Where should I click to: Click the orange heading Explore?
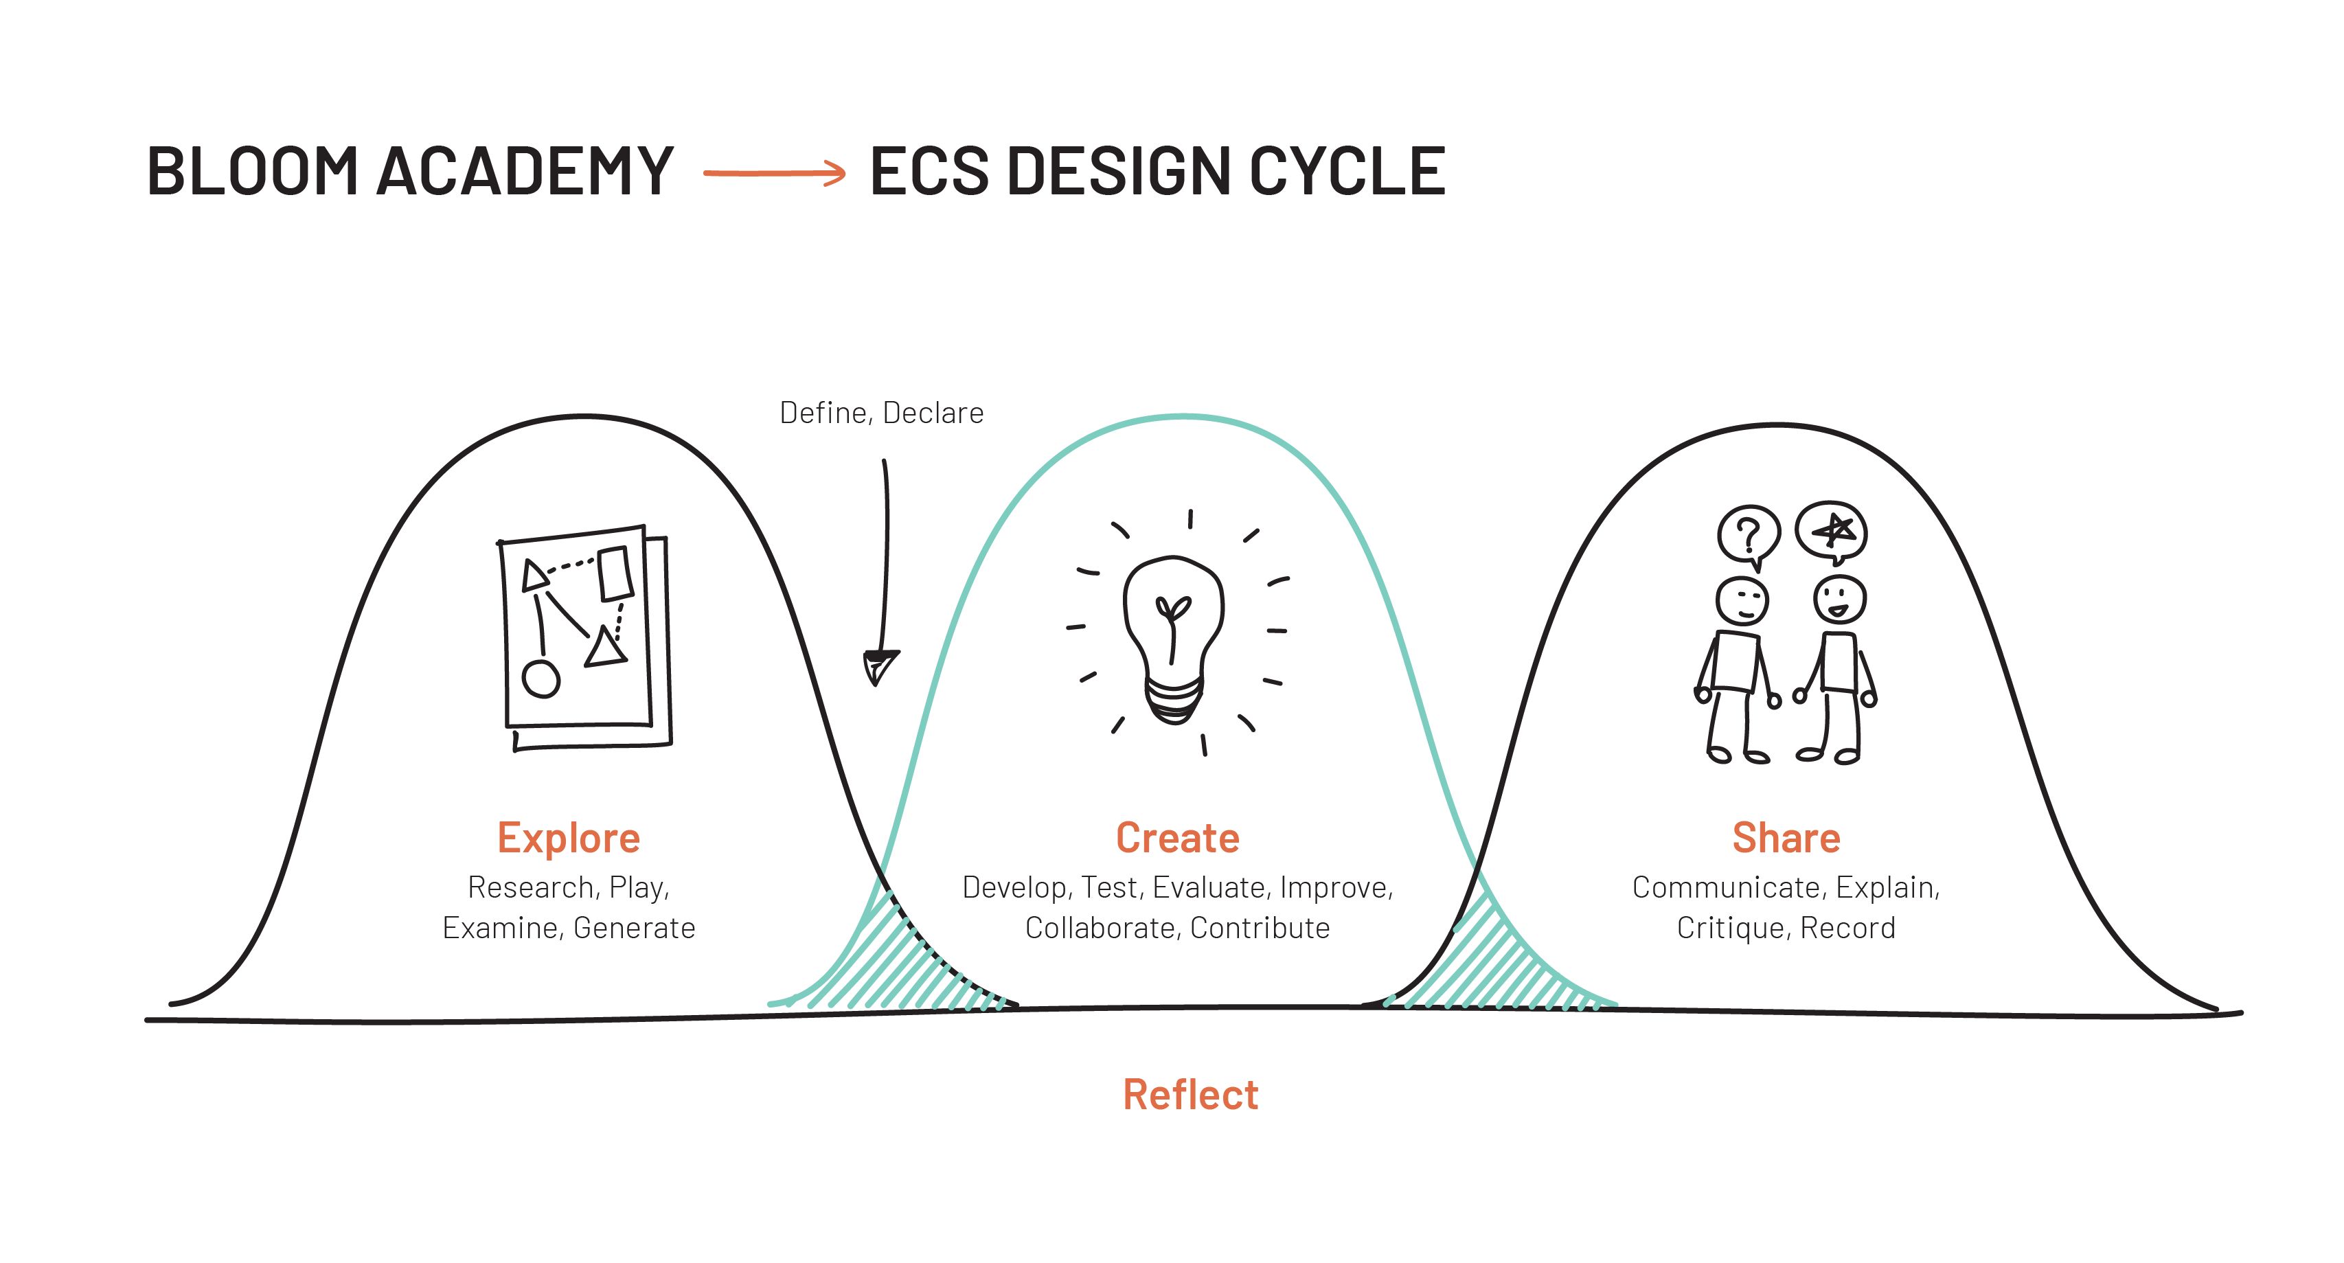tap(569, 837)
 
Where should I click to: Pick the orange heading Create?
tap(1177, 837)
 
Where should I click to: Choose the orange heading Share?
tap(1786, 837)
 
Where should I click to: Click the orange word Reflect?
tap(1190, 1094)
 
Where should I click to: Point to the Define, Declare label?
tap(882, 413)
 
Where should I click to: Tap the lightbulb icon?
tap(1174, 637)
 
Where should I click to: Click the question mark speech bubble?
tap(1748, 534)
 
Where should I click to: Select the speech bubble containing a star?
tap(1832, 530)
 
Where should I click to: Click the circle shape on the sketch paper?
tap(541, 679)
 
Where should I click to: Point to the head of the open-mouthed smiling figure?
tap(1839, 599)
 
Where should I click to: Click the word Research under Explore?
tap(530, 887)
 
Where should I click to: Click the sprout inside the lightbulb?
tap(1173, 610)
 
